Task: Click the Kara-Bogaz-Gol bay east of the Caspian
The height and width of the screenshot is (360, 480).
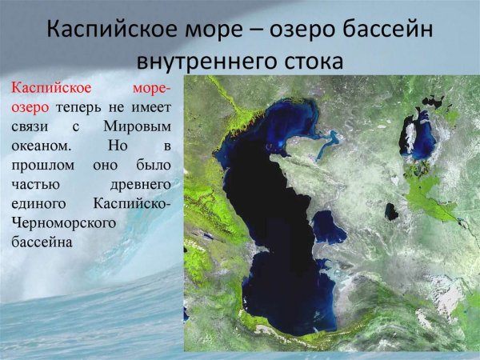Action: pyautogui.click(x=328, y=227)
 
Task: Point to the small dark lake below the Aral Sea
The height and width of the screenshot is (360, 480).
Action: pyautogui.click(x=391, y=211)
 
